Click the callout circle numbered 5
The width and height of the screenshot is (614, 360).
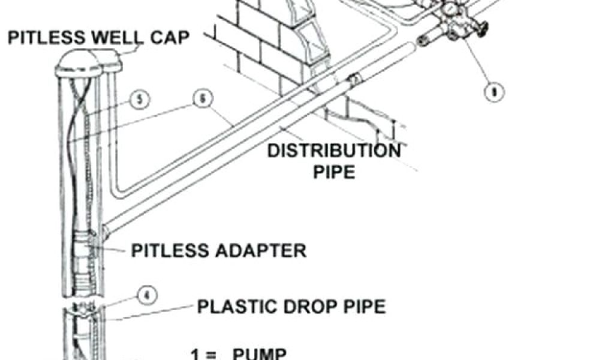tap(139, 100)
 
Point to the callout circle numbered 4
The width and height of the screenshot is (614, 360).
tap(147, 295)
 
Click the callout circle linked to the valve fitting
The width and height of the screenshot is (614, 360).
tap(495, 92)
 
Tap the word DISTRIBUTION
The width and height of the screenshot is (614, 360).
tap(333, 150)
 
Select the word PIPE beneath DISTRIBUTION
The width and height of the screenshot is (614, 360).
tap(333, 172)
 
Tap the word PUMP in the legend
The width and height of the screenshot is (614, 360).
tap(258, 353)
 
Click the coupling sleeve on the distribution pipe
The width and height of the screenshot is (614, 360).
tap(354, 80)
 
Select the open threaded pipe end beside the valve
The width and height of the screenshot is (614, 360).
tap(424, 41)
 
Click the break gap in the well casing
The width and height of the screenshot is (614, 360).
tap(83, 301)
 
